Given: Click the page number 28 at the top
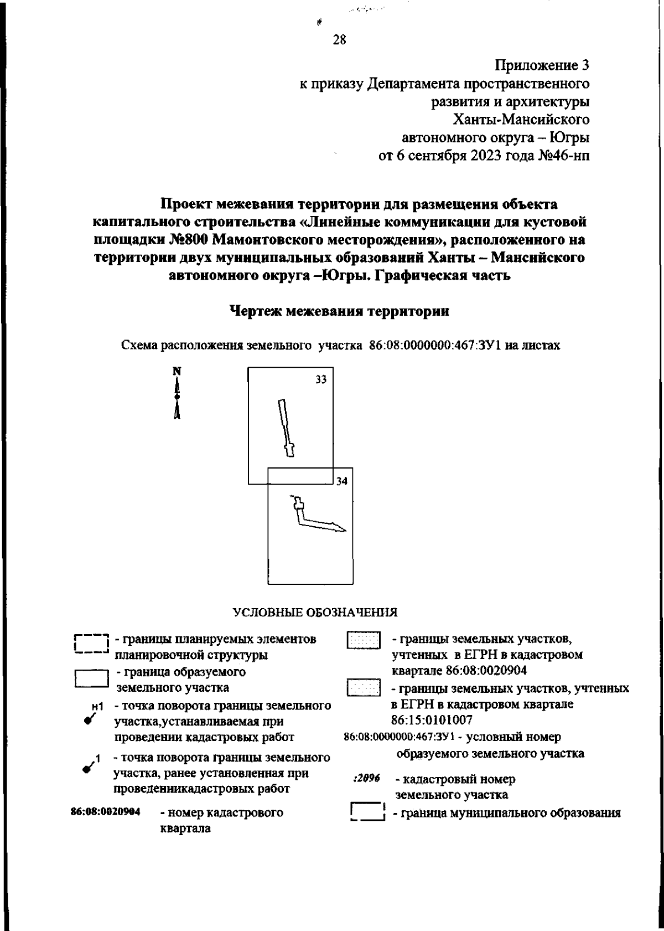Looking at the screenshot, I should (x=339, y=39).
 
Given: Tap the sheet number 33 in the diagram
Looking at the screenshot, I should (x=321, y=379).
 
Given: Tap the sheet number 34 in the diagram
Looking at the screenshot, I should (x=342, y=481).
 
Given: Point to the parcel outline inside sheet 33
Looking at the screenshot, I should (x=286, y=428).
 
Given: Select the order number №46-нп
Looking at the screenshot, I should (x=564, y=155).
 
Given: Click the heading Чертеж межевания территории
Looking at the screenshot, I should (x=339, y=311).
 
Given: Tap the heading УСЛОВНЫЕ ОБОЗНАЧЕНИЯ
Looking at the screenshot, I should (x=315, y=613).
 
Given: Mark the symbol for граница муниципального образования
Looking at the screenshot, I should (x=367, y=812).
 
